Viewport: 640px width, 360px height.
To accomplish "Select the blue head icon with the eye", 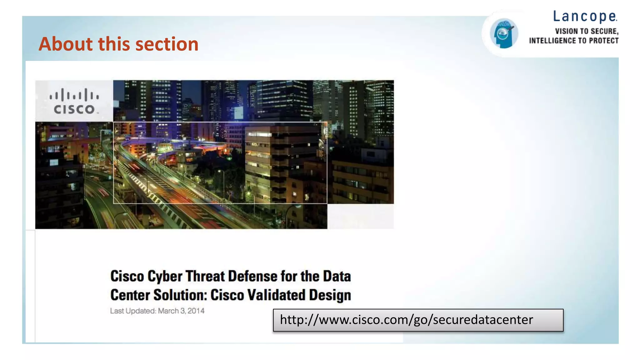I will (503, 33).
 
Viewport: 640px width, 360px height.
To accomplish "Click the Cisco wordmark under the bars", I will (74, 109).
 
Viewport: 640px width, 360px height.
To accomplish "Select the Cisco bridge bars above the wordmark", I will (74, 95).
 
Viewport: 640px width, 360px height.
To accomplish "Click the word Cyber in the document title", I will (165, 276).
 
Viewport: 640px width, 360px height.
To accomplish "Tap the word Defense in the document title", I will (252, 276).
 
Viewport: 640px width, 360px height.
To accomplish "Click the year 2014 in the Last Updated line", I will (196, 311).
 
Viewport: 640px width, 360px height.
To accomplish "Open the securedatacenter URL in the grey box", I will (406, 320).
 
